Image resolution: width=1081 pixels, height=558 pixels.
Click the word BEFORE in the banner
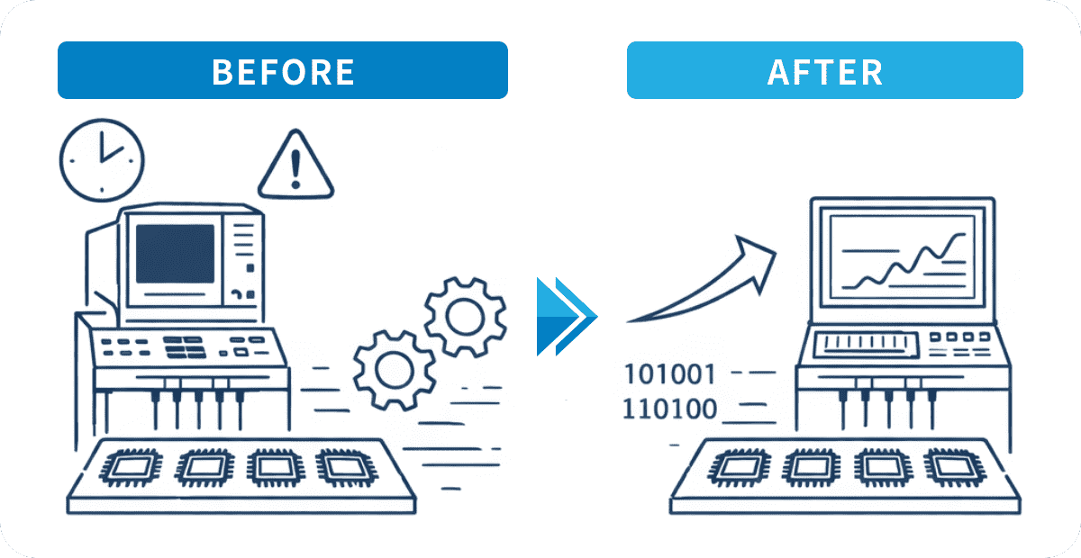(x=283, y=72)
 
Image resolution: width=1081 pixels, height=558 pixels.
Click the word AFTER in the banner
(x=825, y=72)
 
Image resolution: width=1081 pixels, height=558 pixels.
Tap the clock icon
(x=102, y=160)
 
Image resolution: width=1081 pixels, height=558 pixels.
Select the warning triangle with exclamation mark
(x=295, y=164)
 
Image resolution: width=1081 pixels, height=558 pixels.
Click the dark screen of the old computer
(x=175, y=254)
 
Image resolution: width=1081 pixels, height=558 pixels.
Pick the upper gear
(x=465, y=317)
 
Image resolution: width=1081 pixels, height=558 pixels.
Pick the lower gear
(x=395, y=371)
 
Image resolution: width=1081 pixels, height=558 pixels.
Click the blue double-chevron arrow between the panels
(x=567, y=317)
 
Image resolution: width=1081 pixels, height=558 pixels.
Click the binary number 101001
(x=669, y=374)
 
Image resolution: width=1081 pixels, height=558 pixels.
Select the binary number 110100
(x=669, y=409)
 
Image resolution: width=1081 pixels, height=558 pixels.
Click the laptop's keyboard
(x=867, y=345)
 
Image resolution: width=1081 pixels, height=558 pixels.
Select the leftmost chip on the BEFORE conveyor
(x=131, y=467)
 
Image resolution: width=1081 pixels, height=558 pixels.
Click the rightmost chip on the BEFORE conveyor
(x=346, y=467)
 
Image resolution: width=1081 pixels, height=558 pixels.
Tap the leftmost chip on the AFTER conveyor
(x=740, y=467)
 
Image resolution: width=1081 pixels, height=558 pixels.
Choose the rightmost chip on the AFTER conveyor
(x=954, y=467)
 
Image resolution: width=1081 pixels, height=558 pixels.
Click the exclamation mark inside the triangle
(x=295, y=169)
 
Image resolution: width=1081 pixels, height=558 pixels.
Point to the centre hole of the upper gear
(x=465, y=317)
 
